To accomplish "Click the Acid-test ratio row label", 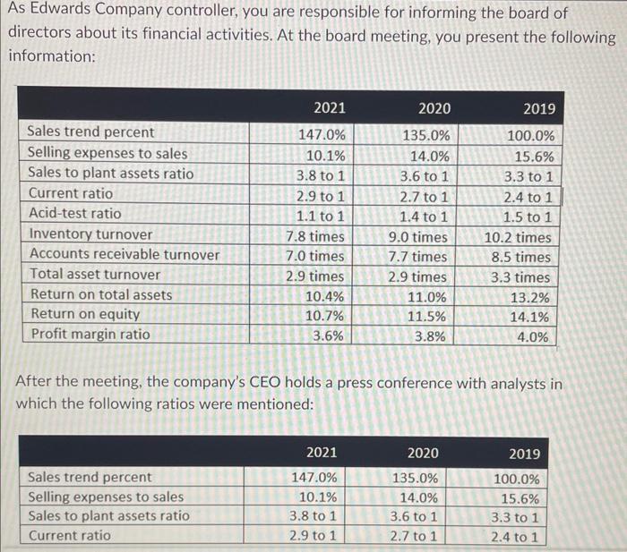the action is click(74, 213).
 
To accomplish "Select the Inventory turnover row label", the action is click(90, 234).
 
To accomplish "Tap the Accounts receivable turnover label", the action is click(125, 254).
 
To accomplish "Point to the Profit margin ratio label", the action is click(90, 334).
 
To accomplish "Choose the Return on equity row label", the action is click(85, 314).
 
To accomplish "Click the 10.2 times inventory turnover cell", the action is click(518, 238).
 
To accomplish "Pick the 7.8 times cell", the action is click(315, 236).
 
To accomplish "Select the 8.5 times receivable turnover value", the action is click(521, 258).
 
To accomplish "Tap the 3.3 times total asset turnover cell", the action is click(520, 277).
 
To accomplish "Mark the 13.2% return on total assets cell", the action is click(530, 298).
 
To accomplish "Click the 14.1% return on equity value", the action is click(529, 317).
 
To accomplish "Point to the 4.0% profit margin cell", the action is click(533, 337).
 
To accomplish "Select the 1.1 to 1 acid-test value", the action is click(321, 217).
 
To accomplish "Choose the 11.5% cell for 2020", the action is click(426, 317).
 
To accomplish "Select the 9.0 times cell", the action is click(418, 237).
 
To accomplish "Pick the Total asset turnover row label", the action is click(95, 275).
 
